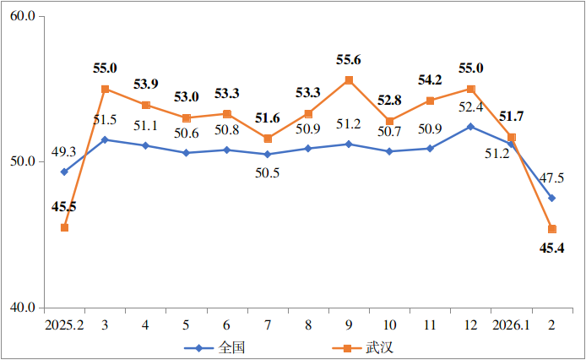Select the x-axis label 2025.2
coord(64,325)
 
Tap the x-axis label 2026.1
coord(511,325)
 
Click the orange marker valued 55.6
coord(349,80)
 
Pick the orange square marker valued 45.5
coord(64,227)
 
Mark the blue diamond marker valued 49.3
coord(64,172)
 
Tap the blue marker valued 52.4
coord(470,126)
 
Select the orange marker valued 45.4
coord(551,229)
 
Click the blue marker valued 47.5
coord(551,198)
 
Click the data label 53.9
coord(145,85)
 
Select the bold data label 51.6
coord(268,118)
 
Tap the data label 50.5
coord(268,172)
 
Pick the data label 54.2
coord(430,80)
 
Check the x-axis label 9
coord(349,325)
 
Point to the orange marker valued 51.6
coord(268,139)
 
